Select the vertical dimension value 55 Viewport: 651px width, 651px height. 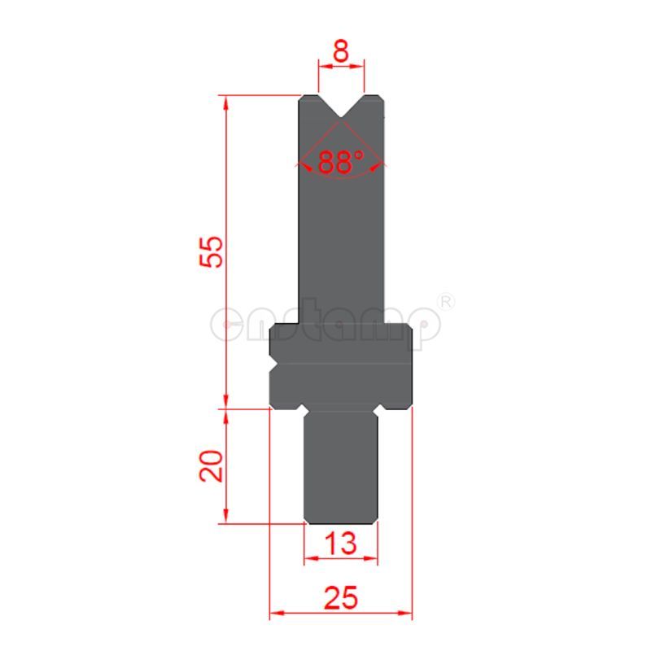210,251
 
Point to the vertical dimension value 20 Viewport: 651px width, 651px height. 211,465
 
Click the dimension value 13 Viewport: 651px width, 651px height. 341,543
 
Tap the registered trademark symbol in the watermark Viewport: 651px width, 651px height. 446,302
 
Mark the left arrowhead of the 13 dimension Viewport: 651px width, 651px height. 310,558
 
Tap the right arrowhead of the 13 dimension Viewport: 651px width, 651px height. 374,558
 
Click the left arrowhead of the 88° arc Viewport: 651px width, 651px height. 305,165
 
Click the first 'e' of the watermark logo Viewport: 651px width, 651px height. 226,323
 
